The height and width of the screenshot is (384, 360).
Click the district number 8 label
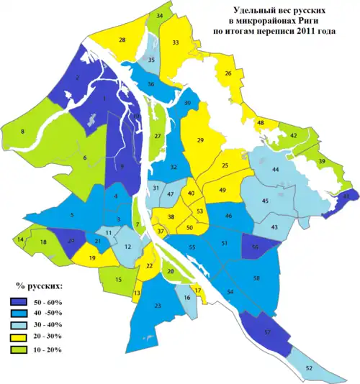click(x=22, y=132)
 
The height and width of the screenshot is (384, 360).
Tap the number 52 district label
click(x=329, y=368)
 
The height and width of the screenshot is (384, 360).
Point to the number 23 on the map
click(x=157, y=306)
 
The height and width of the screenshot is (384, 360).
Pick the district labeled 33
click(x=176, y=43)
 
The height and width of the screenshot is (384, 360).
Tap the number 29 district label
click(x=200, y=140)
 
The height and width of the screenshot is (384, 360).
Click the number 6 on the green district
click(x=84, y=158)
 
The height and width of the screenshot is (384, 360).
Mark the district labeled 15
click(x=118, y=279)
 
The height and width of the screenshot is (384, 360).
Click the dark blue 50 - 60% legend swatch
click(x=22, y=303)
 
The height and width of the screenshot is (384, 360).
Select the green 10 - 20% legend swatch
click(x=22, y=349)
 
